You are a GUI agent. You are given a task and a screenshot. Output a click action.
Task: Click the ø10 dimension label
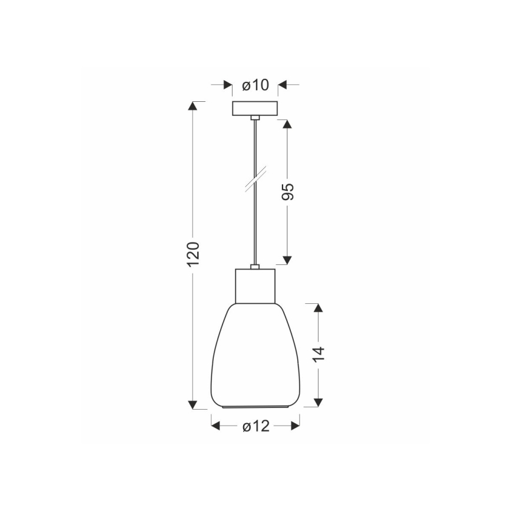(255, 85)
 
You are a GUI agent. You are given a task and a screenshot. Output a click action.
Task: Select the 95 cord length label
(288, 192)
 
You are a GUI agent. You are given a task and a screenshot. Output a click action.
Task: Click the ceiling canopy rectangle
(255, 109)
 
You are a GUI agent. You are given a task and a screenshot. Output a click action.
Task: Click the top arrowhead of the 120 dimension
(193, 106)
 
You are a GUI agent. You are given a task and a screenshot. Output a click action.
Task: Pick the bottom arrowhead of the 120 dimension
(193, 404)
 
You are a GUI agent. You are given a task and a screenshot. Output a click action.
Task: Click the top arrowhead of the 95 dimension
(287, 124)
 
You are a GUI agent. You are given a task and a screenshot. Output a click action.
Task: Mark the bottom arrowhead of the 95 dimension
(287, 260)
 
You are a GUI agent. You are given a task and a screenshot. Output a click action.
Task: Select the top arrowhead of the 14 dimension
(318, 308)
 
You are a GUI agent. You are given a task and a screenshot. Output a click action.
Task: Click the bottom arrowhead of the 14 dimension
(318, 402)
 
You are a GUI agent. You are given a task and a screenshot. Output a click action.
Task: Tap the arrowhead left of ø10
(228, 85)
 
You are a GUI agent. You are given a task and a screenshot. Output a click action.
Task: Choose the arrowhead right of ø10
(283, 85)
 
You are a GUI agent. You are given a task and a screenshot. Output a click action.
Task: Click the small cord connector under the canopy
(255, 119)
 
